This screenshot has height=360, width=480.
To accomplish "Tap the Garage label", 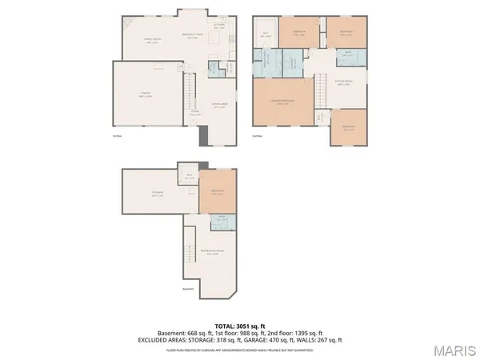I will point(147,94).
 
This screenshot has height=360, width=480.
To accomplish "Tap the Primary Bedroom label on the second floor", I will point(282,102).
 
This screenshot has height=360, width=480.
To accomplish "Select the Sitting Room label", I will point(344,82).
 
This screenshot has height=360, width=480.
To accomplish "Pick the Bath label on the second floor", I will point(348,54).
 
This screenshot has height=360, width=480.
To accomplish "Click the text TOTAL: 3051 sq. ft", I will point(239,326).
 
